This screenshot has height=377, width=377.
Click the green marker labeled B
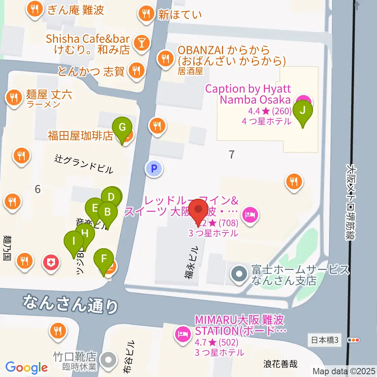coord(107,214)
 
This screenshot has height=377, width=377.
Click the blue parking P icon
coord(154,169)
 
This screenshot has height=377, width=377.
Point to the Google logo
coord(27,368)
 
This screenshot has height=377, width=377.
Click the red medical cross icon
coord(51,261)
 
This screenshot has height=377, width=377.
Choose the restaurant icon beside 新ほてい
coord(146,15)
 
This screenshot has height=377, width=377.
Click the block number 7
coord(232,154)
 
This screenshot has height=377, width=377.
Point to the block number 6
coord(37,189)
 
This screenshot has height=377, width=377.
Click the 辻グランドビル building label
coord(84,164)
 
